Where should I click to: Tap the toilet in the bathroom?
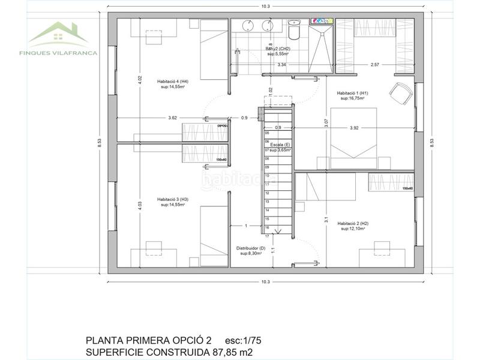click(294, 30)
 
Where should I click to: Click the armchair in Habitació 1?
click(400, 92)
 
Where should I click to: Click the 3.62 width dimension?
click(173, 118)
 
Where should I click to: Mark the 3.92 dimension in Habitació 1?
click(353, 127)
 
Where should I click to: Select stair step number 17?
click(266, 236)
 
